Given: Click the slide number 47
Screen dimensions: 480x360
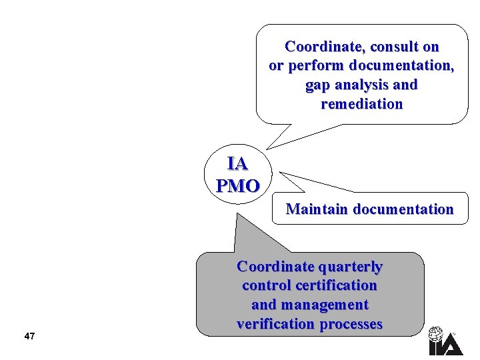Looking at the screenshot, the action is coord(29,336).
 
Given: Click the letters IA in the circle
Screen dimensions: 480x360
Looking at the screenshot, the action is coord(237,164).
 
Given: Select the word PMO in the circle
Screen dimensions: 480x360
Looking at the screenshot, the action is coord(237,185).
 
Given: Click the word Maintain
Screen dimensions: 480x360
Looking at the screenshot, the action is coord(317,209).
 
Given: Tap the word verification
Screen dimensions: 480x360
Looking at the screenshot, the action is coord(277,324).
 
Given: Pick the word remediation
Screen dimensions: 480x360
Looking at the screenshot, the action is coord(361,104).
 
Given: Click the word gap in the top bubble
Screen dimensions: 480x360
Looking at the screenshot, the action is coord(317,85).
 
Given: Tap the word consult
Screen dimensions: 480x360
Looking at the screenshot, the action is coord(393,47).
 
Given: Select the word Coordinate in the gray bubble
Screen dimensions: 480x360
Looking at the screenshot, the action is coord(275,267).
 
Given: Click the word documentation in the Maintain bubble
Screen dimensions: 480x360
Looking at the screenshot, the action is coord(403,209).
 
